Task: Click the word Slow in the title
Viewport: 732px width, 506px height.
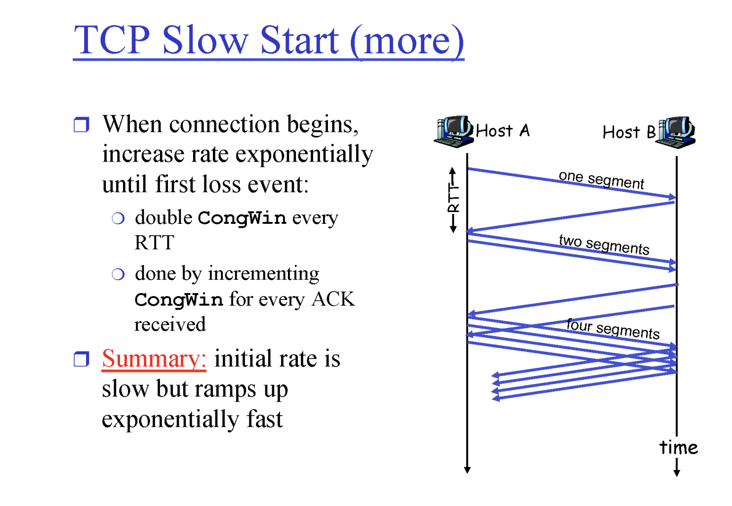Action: [x=205, y=40]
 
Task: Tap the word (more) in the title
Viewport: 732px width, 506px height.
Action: [x=407, y=42]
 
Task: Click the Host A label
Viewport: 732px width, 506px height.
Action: [x=503, y=131]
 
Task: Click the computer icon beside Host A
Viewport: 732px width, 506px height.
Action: [x=454, y=131]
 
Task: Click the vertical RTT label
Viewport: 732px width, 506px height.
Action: [x=453, y=200]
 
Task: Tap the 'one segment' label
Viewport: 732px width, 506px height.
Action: [x=601, y=180]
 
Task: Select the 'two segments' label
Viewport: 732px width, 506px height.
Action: [x=604, y=245]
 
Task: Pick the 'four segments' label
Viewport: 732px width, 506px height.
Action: [x=613, y=329]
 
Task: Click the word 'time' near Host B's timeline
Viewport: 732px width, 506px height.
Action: [x=678, y=448]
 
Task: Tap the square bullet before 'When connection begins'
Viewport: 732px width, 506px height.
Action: [x=81, y=125]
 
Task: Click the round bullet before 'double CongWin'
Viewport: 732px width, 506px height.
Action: [x=118, y=218]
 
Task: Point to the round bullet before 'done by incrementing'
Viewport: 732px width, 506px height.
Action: [x=118, y=274]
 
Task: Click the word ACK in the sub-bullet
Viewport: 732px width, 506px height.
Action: [x=333, y=299]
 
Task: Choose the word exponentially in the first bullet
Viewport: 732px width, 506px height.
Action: [x=304, y=155]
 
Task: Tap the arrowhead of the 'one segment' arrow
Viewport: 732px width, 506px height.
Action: [x=672, y=197]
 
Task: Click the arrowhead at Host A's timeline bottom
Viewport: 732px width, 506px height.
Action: [x=467, y=470]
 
